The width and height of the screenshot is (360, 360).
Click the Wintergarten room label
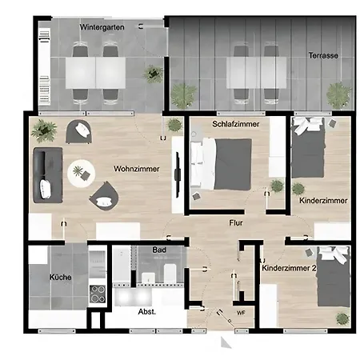(102, 27)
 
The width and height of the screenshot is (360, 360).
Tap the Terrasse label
(323, 55)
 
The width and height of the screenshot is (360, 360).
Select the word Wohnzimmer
(137, 169)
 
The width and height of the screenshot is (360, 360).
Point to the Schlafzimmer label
(236, 124)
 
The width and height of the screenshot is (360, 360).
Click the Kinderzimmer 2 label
(289, 268)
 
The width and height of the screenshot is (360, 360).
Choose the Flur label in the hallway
(236, 222)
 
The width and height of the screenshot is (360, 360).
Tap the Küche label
(61, 278)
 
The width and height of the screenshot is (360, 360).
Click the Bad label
(159, 250)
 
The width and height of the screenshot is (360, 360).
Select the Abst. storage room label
(147, 311)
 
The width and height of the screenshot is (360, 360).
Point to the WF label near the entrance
(241, 313)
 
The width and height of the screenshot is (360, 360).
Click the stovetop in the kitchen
(98, 294)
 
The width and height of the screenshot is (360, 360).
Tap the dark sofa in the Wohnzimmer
(48, 175)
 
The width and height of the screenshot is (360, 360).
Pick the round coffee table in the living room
(82, 174)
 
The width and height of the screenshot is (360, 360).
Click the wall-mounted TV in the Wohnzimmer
(178, 174)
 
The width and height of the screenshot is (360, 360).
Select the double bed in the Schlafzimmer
(222, 164)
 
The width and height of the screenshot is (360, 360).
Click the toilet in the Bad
(170, 274)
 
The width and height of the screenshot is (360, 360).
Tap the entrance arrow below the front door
(226, 342)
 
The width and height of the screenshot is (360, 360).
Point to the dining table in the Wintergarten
(96, 73)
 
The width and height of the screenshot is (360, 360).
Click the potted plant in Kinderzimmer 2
(342, 318)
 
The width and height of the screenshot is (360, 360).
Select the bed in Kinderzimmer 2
(334, 277)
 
